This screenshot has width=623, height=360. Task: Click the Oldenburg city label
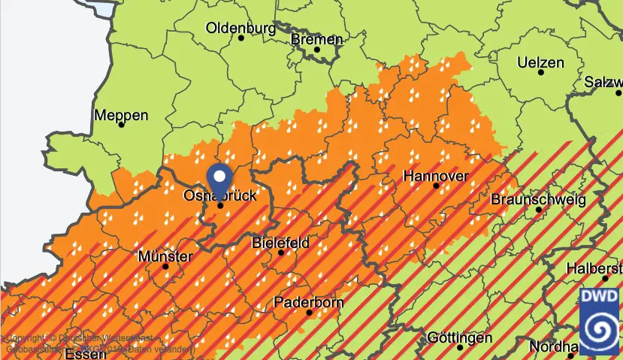click(240, 29)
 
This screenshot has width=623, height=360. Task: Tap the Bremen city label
click(316, 39)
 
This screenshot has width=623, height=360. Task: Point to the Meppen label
click(121, 116)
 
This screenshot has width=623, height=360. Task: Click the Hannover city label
click(436, 176)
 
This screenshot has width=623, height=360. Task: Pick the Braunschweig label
click(537, 200)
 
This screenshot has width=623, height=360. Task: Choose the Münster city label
click(165, 256)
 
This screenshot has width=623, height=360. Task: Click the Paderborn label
click(309, 303)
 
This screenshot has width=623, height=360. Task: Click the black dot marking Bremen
click(317, 50)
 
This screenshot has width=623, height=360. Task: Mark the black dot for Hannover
click(436, 186)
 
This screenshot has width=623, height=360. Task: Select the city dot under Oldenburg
click(241, 38)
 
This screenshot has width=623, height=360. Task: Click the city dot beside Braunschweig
click(539, 210)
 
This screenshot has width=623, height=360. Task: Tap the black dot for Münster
click(165, 266)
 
